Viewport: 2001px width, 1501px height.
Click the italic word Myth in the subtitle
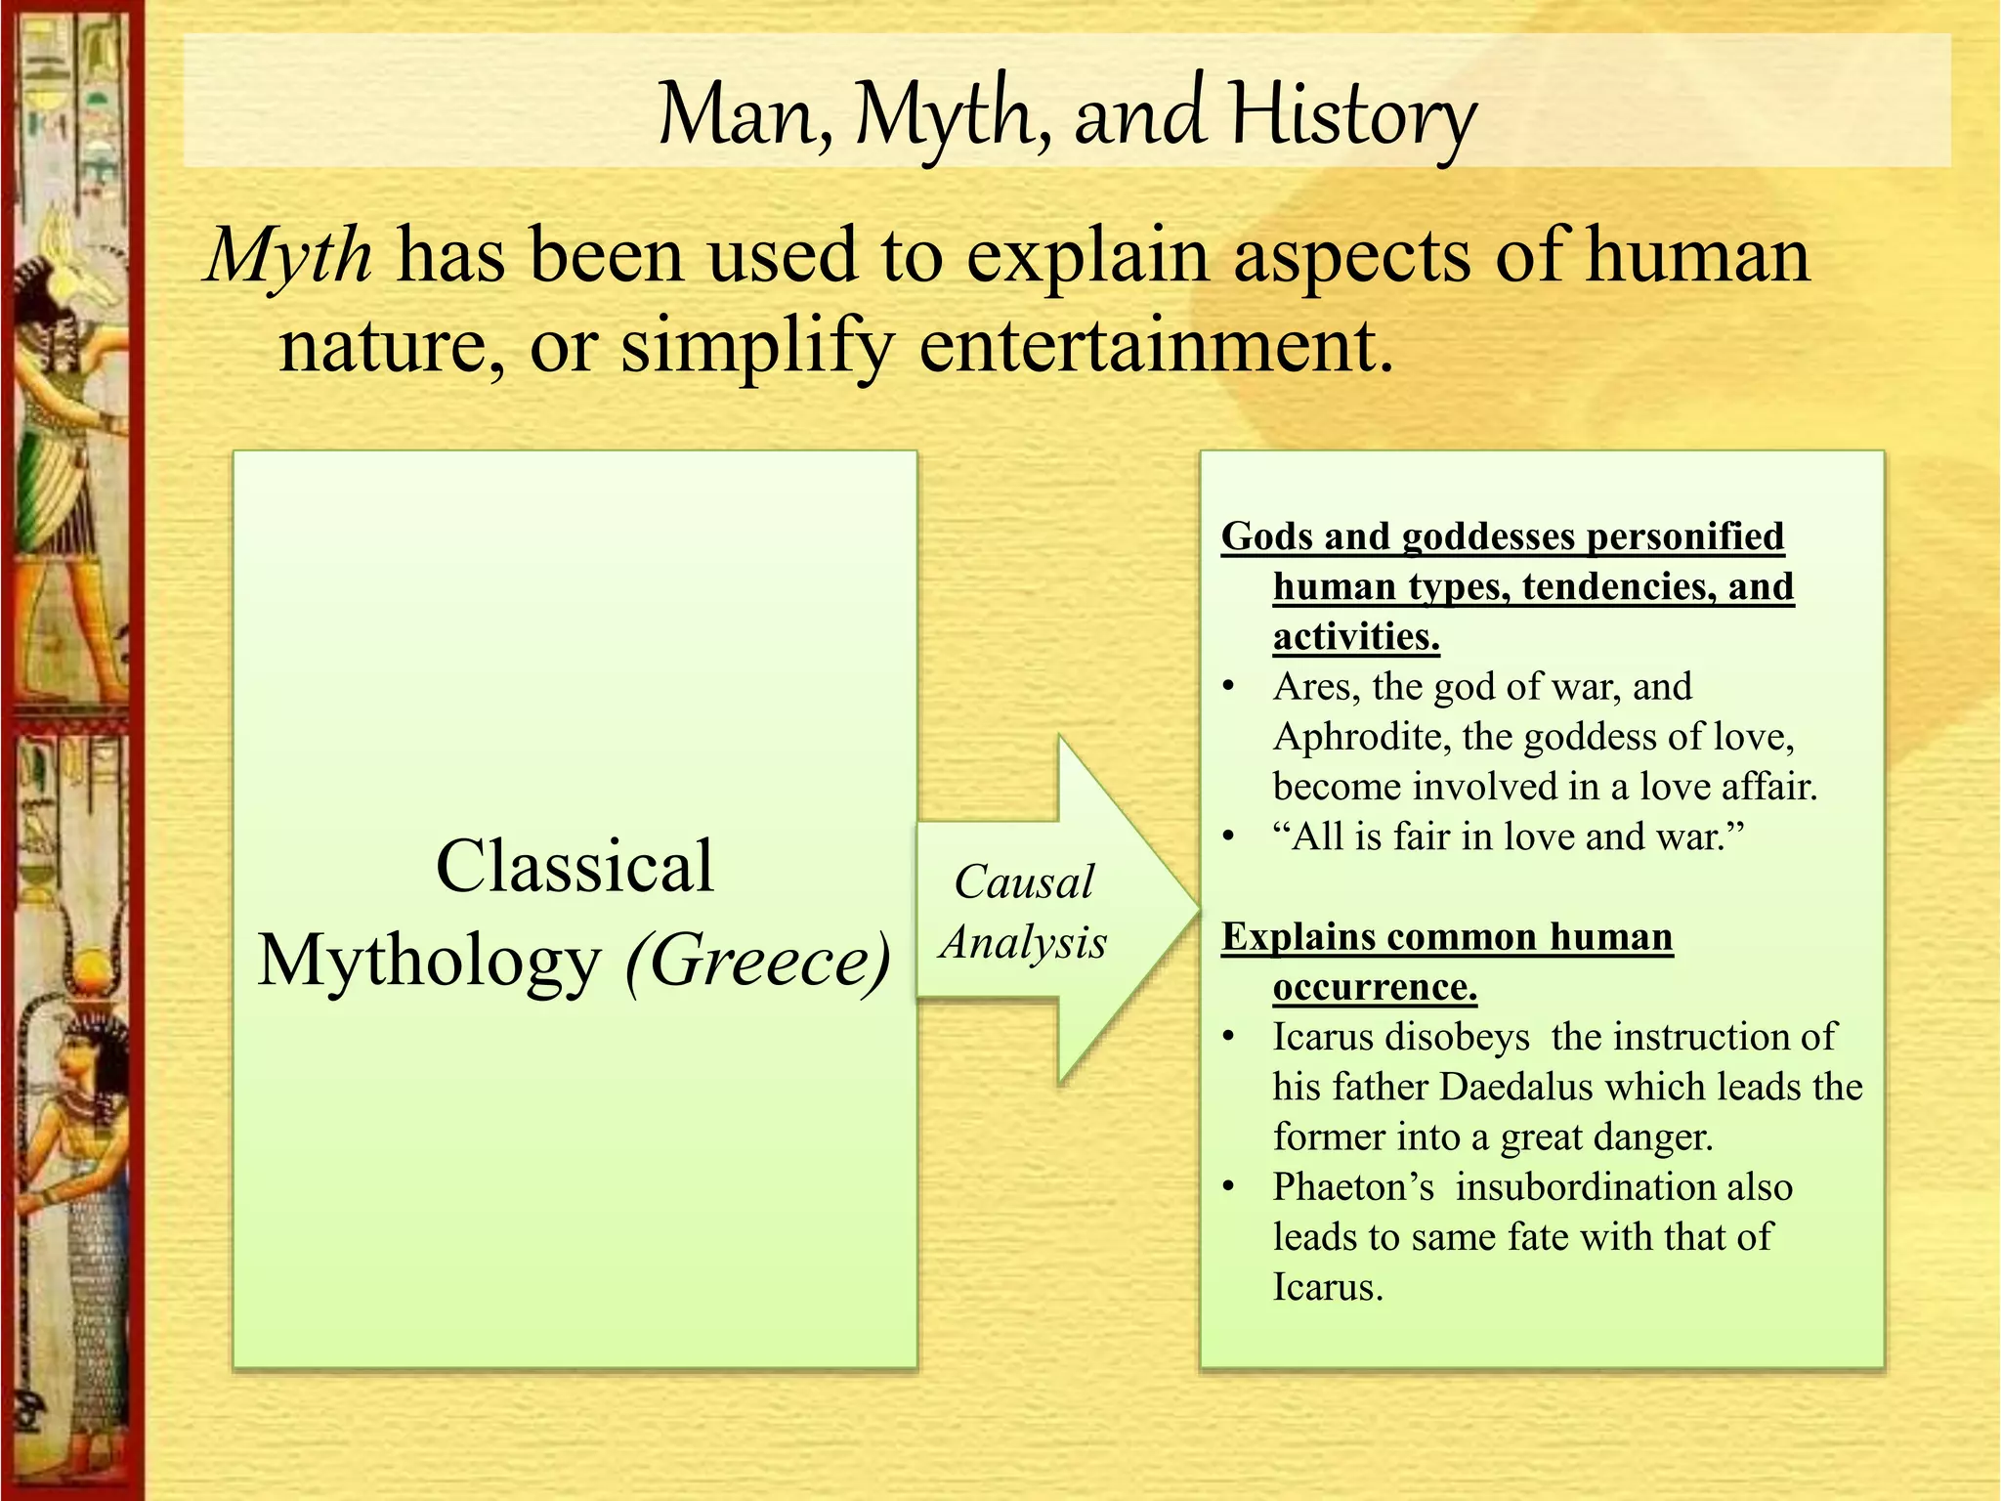[x=289, y=256]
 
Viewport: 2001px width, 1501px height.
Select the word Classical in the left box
[x=575, y=867]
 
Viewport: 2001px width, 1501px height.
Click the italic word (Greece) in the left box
[x=758, y=962]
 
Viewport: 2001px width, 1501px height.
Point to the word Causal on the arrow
[x=1023, y=882]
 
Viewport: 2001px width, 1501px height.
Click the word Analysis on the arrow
[x=1023, y=943]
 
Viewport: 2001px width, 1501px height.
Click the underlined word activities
[x=1356, y=637]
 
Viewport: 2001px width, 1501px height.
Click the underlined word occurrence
[x=1374, y=987]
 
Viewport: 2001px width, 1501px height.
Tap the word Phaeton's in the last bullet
[x=1352, y=1187]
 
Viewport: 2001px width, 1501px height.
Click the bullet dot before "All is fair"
[x=1229, y=837]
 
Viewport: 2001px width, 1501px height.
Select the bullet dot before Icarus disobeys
[x=1229, y=1038]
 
